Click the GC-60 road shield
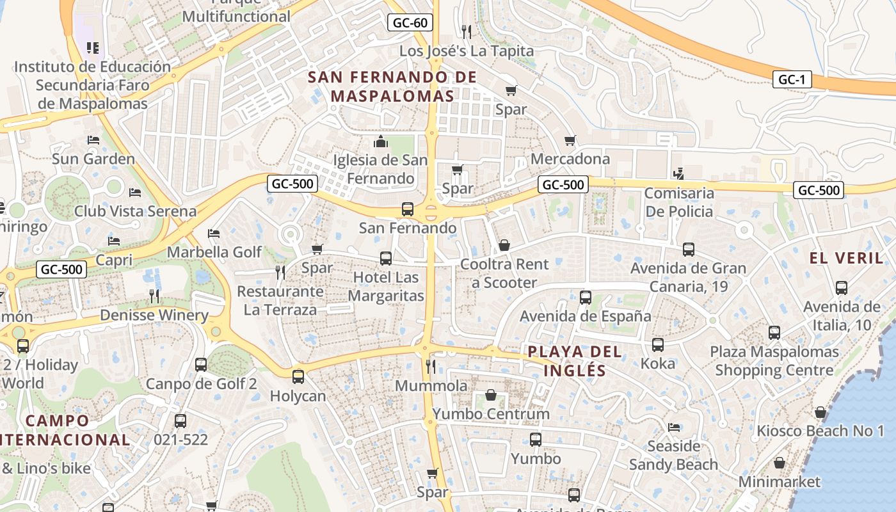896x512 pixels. (410, 23)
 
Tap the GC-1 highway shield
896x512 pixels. (792, 79)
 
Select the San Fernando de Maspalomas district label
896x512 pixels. (392, 86)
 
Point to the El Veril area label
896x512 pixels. (846, 258)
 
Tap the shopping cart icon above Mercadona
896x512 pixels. (570, 140)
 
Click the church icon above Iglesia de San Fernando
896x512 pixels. (381, 141)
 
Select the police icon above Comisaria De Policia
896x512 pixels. (678, 173)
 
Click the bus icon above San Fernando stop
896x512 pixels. (407, 209)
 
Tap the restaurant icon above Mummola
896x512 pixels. (431, 366)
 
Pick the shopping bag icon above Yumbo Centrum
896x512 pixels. (490, 395)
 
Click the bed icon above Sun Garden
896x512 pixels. (93, 140)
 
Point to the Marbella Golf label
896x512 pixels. (214, 252)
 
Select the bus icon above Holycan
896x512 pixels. (298, 376)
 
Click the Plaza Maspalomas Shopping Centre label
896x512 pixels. (774, 361)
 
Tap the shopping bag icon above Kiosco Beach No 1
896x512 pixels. (820, 412)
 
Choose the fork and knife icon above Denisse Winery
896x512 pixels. (154, 295)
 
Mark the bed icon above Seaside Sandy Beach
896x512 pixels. (673, 427)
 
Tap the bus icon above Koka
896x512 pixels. (657, 344)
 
